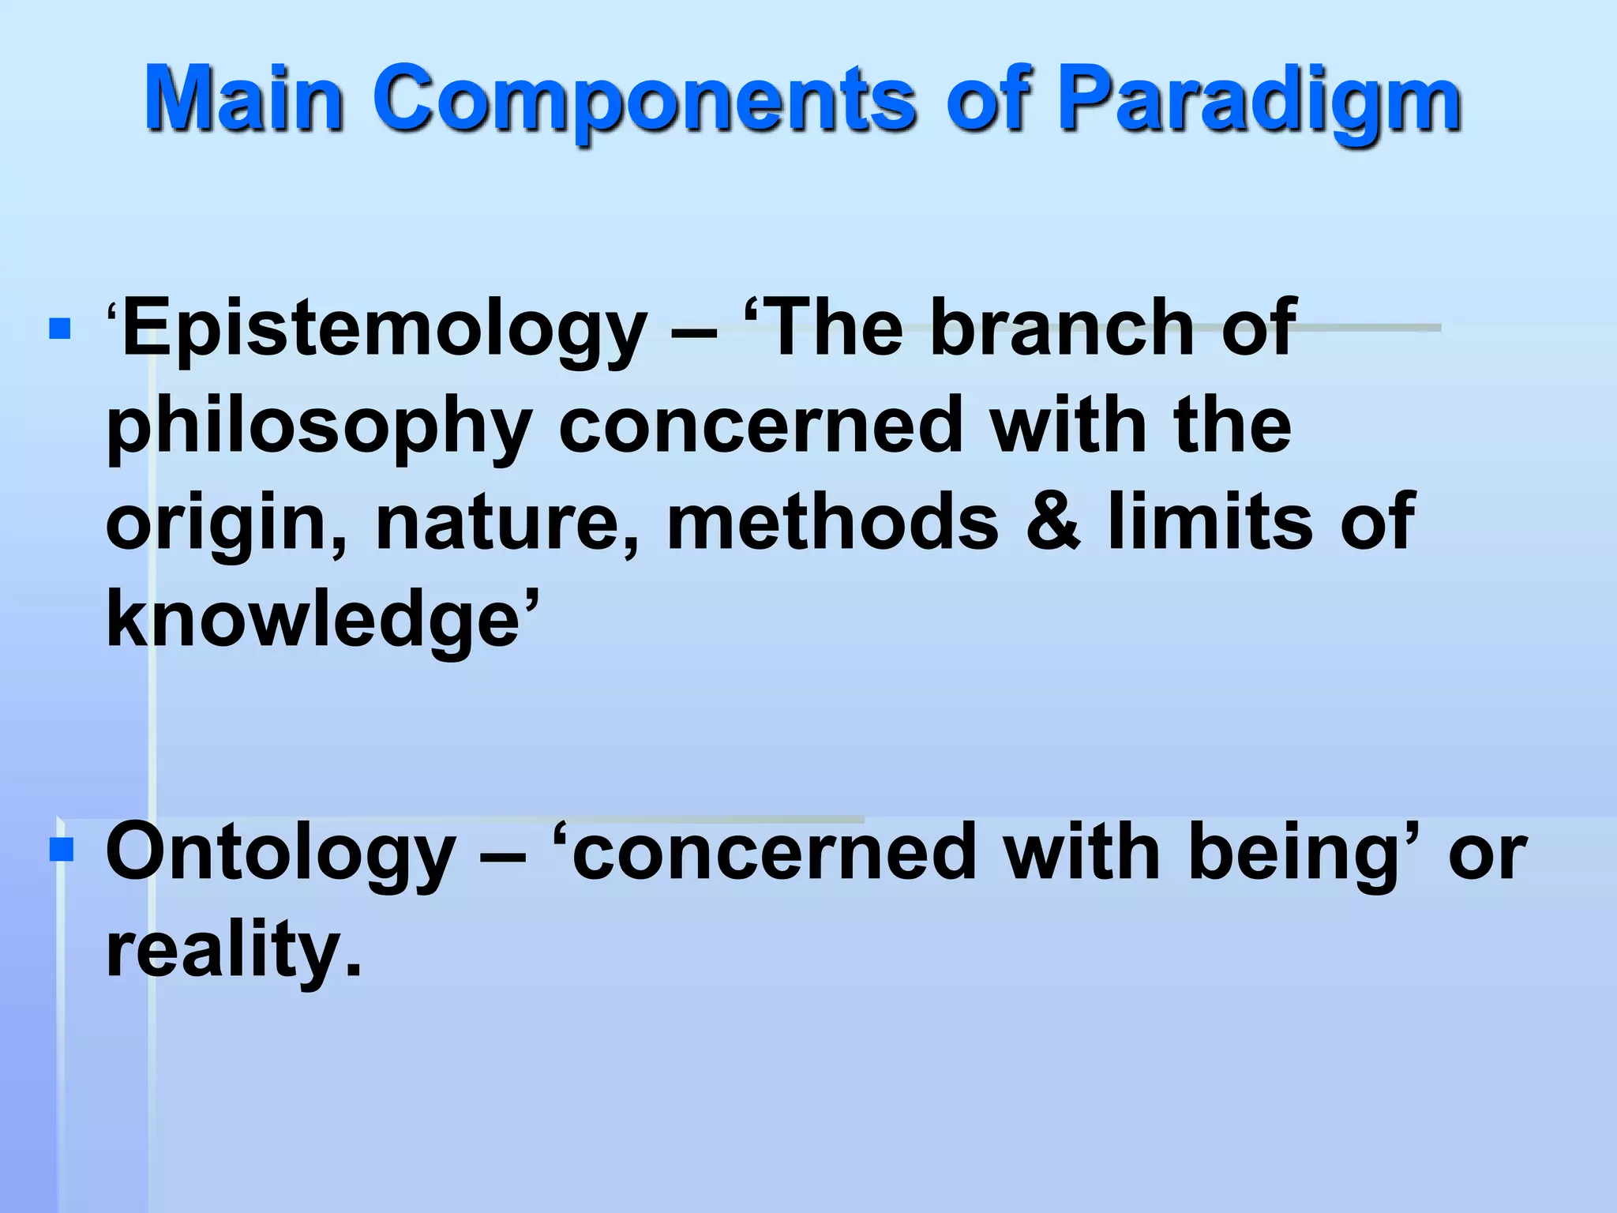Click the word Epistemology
coord(385,329)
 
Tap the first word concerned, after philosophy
coord(761,426)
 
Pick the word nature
coord(505,524)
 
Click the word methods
coord(832,521)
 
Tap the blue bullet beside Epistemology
coord(60,329)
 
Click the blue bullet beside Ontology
coord(61,850)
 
